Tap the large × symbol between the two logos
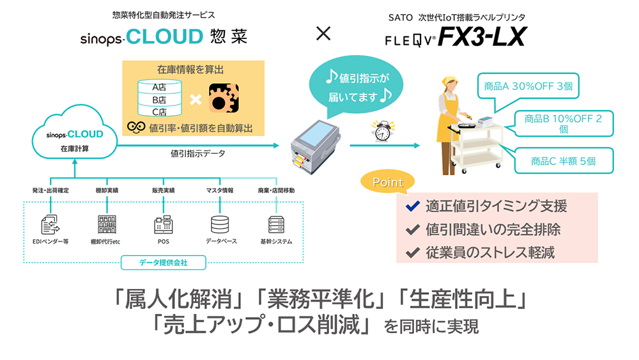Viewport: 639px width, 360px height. click(x=324, y=33)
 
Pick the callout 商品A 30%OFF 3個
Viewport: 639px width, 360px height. click(x=528, y=86)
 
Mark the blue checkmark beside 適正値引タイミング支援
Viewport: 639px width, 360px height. click(x=413, y=207)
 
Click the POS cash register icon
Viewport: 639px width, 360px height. click(x=164, y=224)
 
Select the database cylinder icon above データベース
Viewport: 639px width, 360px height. click(x=220, y=224)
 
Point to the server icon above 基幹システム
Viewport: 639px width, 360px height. click(x=276, y=224)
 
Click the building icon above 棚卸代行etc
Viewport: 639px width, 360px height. click(x=107, y=224)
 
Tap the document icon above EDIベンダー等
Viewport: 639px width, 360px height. click(x=50, y=224)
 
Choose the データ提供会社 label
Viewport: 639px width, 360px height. click(x=164, y=262)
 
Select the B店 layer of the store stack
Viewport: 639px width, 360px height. click(x=159, y=100)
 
